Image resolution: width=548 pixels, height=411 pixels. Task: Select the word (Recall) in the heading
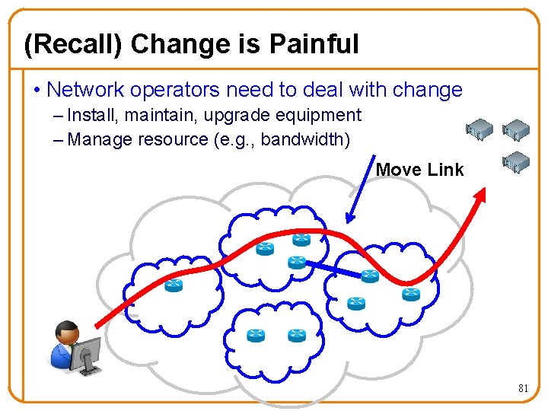pyautogui.click(x=74, y=44)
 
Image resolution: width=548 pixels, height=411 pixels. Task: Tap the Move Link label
pyautogui.click(x=419, y=170)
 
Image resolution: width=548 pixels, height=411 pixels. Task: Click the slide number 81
pyautogui.click(x=523, y=388)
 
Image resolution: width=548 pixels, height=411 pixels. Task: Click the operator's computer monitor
pyautogui.click(x=87, y=353)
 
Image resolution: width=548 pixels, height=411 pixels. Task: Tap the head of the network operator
pyautogui.click(x=67, y=331)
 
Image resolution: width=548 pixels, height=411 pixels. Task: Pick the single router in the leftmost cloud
pyautogui.click(x=174, y=285)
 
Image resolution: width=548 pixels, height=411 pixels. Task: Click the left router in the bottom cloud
pyautogui.click(x=256, y=336)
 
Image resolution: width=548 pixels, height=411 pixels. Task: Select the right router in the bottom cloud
pyautogui.click(x=296, y=335)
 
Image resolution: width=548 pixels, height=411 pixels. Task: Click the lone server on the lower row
pyautogui.click(x=517, y=161)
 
